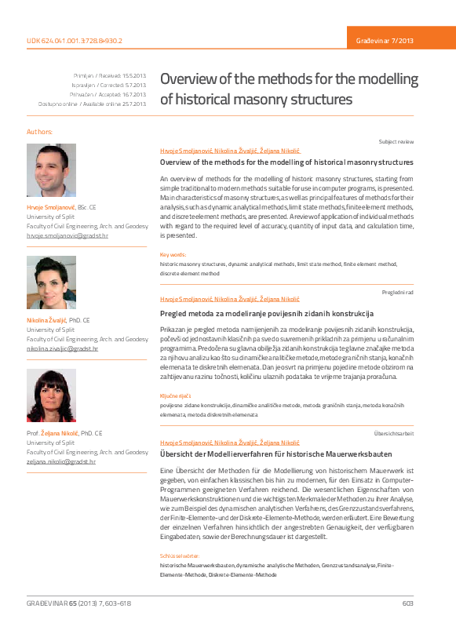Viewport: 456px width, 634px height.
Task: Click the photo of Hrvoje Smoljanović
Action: point(51,170)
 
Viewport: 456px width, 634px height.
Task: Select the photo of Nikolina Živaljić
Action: point(51,282)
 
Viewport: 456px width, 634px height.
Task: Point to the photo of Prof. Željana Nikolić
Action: point(51,395)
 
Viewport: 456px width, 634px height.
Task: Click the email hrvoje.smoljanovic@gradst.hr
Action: point(67,235)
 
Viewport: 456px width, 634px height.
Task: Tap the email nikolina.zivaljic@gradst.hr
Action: point(63,348)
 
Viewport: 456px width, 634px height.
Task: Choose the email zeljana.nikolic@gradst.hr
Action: point(61,461)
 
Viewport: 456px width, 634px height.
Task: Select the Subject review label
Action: point(396,142)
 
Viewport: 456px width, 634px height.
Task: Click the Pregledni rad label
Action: point(397,292)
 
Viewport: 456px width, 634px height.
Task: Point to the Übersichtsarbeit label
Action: point(394,434)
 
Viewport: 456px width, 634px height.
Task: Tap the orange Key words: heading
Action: point(173,255)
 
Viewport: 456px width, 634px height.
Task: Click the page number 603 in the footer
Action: point(407,603)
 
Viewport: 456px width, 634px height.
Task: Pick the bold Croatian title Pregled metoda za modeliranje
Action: point(266,313)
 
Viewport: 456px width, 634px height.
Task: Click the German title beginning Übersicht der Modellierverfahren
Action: point(275,454)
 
